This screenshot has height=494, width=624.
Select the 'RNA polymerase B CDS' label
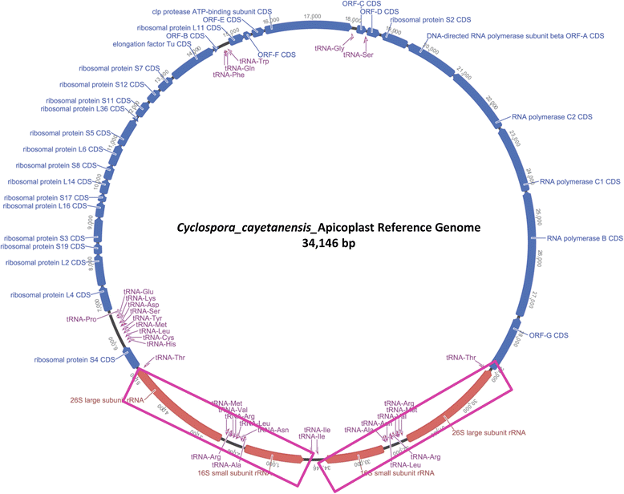point(584,238)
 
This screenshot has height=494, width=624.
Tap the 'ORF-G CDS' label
point(548,334)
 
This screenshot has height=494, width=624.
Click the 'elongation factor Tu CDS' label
point(152,45)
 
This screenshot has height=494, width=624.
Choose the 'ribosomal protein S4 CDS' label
point(73,359)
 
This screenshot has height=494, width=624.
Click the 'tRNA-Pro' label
point(80,318)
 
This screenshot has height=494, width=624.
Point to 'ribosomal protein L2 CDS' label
point(45,262)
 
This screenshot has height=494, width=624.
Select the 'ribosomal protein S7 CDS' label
point(111,68)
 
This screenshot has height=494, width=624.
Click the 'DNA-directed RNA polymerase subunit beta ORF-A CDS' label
point(516,36)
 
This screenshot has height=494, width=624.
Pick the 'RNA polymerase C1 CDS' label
point(579,182)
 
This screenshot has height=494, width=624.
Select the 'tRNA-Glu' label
point(137,291)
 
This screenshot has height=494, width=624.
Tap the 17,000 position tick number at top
point(312,16)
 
